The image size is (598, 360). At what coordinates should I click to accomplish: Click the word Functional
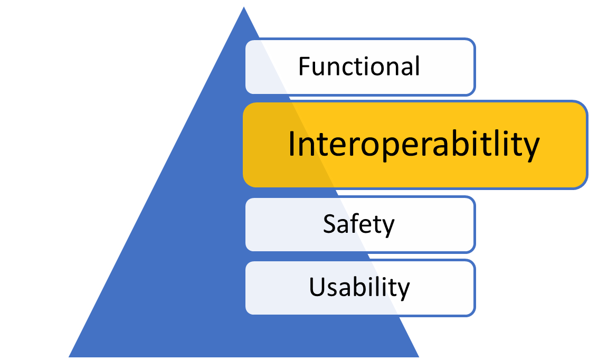pyautogui.click(x=359, y=67)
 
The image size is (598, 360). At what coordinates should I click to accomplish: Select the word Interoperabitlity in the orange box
pyautogui.click(x=414, y=144)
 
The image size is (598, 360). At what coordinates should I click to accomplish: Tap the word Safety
pyautogui.click(x=359, y=224)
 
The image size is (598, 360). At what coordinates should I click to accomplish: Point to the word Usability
pyautogui.click(x=359, y=288)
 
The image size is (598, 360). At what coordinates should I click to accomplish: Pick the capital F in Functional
pyautogui.click(x=303, y=67)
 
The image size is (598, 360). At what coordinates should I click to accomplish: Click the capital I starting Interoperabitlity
pyautogui.click(x=291, y=144)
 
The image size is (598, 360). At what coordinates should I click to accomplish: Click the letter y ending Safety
pyautogui.click(x=388, y=227)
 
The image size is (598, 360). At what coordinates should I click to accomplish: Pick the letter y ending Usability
pyautogui.click(x=403, y=290)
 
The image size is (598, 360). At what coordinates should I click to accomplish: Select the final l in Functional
pyautogui.click(x=417, y=66)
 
